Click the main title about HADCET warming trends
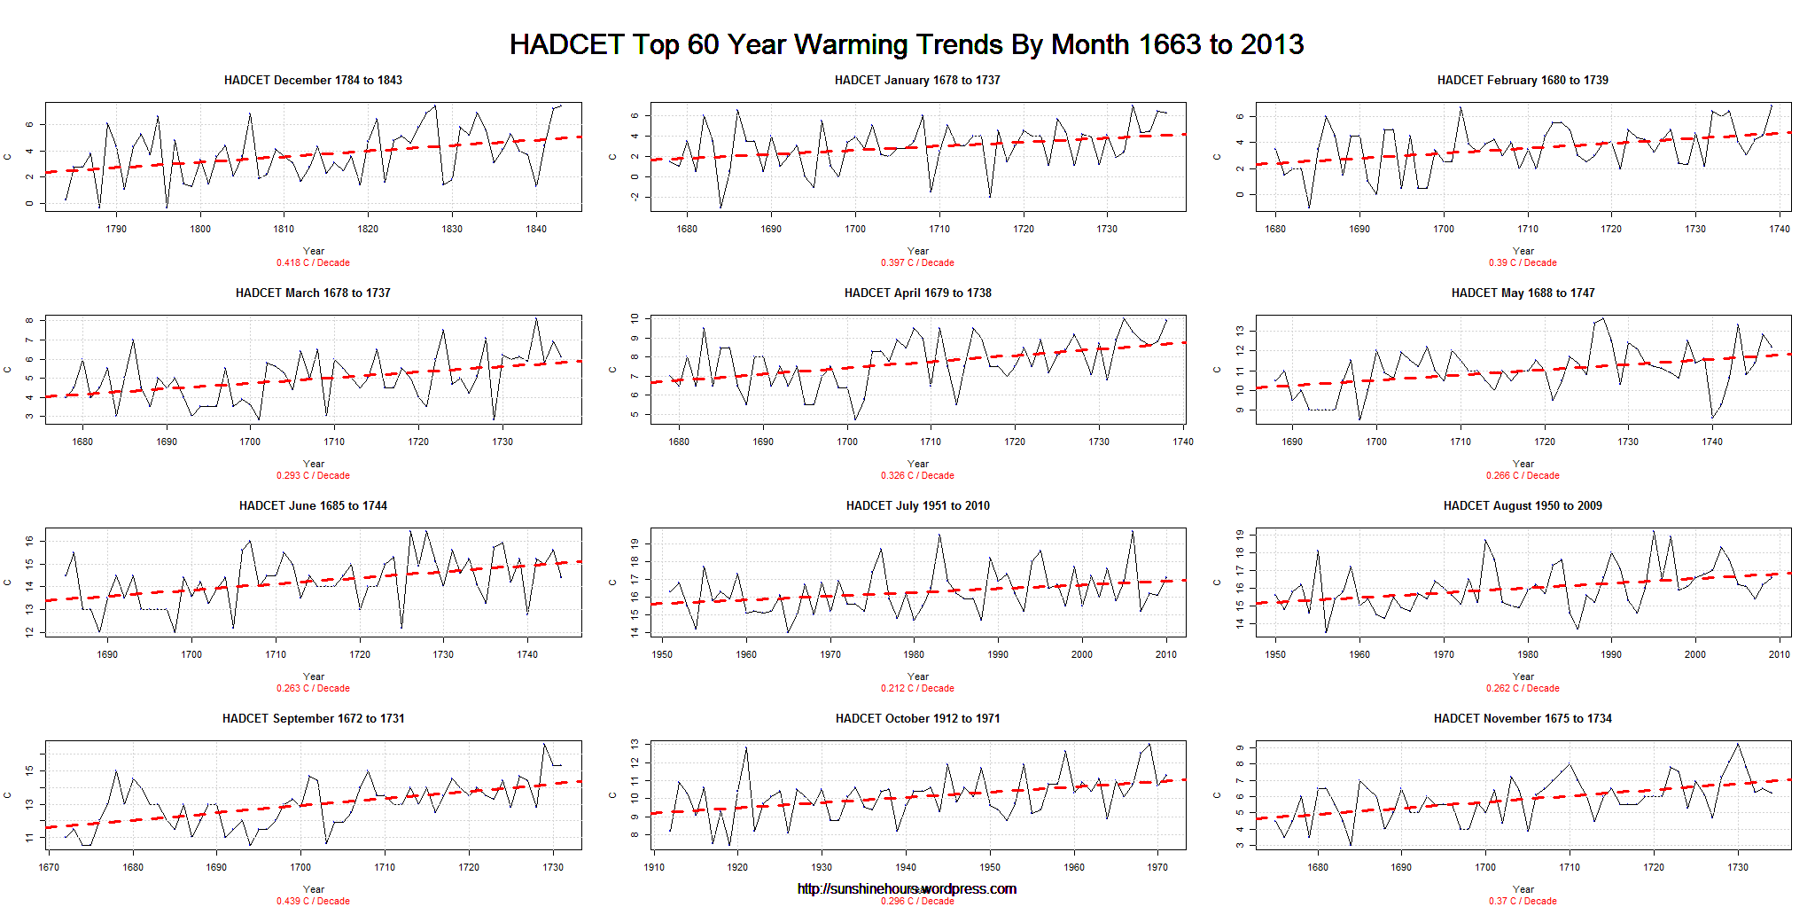(906, 44)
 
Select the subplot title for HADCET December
(313, 80)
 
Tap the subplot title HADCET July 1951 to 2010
(917, 505)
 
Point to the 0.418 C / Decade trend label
(313, 262)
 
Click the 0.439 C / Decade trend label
(313, 901)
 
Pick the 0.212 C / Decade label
(917, 688)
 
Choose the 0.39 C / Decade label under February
(1523, 262)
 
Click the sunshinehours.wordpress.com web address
(907, 888)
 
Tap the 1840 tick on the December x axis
(536, 229)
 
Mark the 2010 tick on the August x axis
(1779, 654)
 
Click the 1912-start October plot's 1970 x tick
(1157, 867)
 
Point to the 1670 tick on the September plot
(49, 867)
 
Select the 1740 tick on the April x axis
(1182, 442)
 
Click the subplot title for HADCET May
(1523, 293)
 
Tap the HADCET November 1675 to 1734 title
(1523, 718)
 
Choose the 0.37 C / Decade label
(1523, 901)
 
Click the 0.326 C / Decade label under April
(917, 475)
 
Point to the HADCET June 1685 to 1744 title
(313, 505)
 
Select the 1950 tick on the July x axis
(662, 654)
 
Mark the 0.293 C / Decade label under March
(313, 475)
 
